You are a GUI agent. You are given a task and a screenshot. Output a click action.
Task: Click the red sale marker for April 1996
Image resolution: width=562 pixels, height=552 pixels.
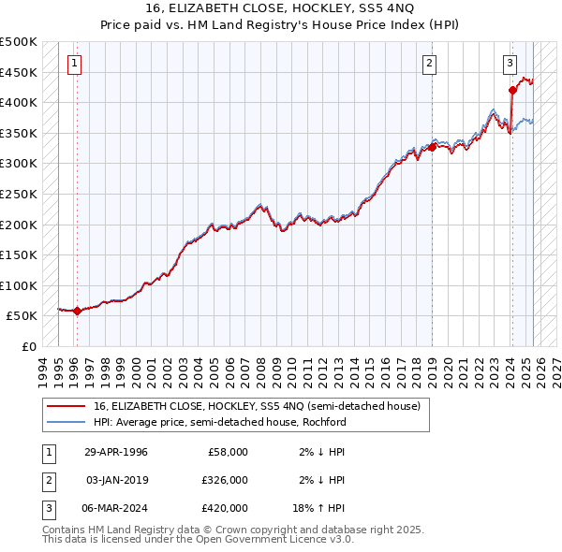coord(77,312)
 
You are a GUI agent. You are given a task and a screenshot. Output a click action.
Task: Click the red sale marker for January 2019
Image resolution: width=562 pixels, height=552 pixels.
coord(433,147)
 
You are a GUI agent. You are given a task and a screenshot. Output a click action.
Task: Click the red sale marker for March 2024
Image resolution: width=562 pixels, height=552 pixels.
coord(512,91)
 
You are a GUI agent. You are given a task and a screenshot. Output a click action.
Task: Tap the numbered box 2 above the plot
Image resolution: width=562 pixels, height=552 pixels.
coord(429,64)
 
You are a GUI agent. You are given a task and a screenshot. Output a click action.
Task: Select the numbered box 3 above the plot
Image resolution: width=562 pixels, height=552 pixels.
coord(510,64)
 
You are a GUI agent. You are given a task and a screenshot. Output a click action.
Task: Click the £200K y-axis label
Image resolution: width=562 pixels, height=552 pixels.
coord(19,225)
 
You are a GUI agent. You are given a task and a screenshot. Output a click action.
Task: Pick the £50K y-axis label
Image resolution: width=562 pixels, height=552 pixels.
coord(23,316)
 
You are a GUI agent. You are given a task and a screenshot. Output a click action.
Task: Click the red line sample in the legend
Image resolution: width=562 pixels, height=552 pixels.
coord(66,406)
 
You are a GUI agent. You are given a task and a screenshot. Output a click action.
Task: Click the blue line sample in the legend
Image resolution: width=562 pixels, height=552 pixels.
coord(66,422)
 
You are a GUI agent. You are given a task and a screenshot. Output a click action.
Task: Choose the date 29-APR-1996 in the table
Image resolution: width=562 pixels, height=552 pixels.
coord(116,452)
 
